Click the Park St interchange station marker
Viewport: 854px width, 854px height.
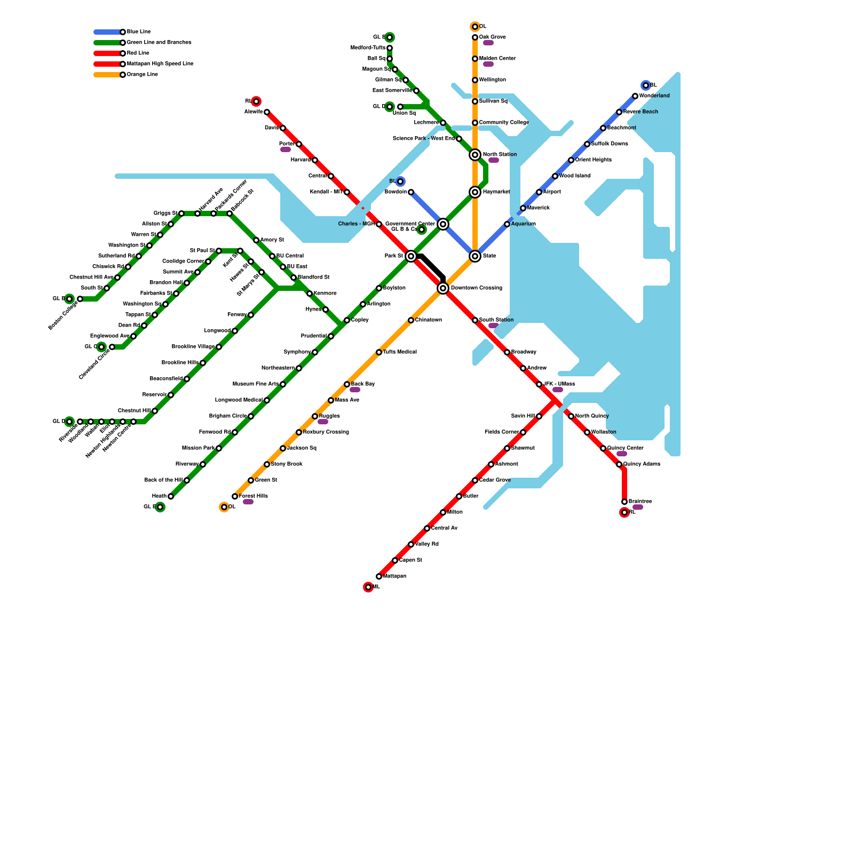(x=411, y=256)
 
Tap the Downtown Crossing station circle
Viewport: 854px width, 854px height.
(x=443, y=288)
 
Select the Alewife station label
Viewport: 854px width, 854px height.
(x=254, y=112)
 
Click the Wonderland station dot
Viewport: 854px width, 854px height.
(x=635, y=96)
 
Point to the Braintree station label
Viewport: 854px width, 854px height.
(x=640, y=502)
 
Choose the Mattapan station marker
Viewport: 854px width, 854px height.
(x=379, y=576)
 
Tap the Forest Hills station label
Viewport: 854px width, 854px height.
(x=254, y=496)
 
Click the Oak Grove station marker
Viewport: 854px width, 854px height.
(x=475, y=37)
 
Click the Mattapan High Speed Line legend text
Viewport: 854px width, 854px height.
(x=160, y=64)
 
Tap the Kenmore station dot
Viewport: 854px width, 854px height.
(x=310, y=294)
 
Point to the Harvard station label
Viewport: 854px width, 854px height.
(x=301, y=160)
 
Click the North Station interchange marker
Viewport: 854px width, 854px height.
(x=475, y=155)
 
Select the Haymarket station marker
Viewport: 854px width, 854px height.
(x=475, y=192)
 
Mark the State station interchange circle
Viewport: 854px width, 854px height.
(x=475, y=256)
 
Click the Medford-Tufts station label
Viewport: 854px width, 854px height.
(x=368, y=48)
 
